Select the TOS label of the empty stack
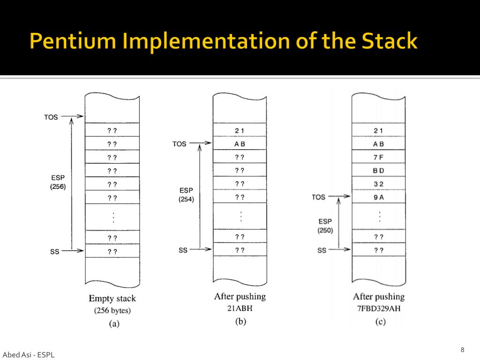coord(51,117)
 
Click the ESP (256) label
coord(58,182)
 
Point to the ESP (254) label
coord(186,195)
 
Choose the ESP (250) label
coord(325,225)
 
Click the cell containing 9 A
coord(378,197)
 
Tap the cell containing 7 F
coord(378,157)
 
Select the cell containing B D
coord(378,171)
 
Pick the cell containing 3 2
coord(378,184)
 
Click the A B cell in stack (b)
coord(240,144)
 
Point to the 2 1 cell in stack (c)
coord(378,130)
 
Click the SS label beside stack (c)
coord(322,250)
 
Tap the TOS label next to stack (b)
coord(180,144)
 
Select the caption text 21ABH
coord(240,308)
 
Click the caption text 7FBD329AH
coord(378,308)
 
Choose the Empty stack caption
coord(112,298)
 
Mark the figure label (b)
coord(240,322)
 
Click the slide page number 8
coord(462,350)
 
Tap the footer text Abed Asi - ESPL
coord(28,355)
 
